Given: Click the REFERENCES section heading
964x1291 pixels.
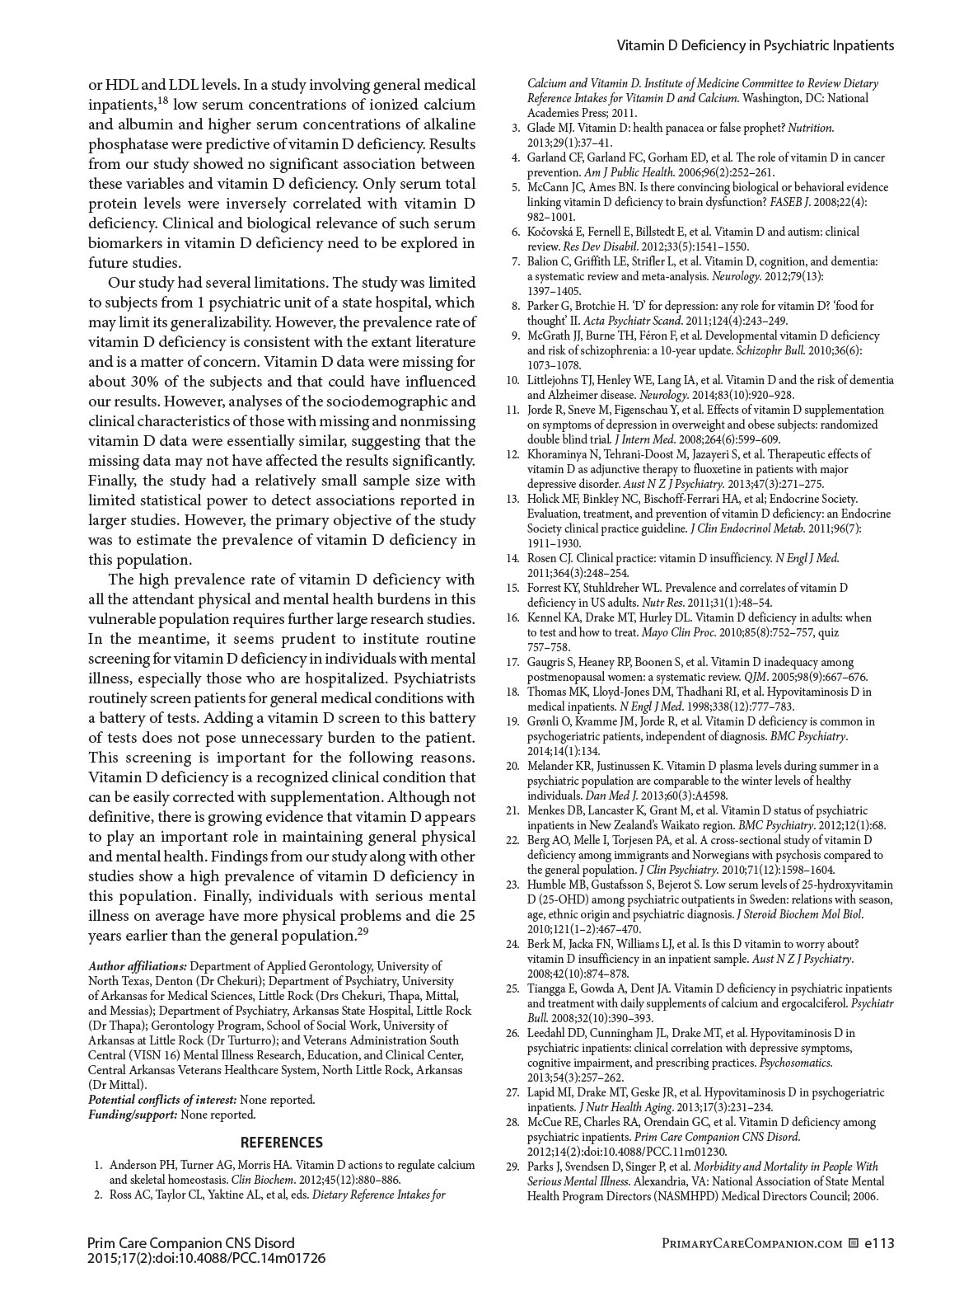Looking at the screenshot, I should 281,1143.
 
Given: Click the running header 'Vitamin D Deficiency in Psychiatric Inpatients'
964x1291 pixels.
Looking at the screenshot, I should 756,46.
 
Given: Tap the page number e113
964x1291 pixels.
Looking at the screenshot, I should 878,1243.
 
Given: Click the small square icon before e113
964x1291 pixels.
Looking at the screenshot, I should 854,1243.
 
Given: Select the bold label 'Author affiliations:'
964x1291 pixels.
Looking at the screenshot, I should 138,966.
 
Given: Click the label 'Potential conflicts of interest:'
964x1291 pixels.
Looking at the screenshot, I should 162,1100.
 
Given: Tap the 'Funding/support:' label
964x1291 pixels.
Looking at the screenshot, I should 133,1115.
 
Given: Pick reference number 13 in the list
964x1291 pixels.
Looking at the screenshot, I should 512,499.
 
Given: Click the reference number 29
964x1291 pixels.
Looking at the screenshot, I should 512,1167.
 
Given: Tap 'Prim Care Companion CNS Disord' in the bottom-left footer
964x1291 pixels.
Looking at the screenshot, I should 190,1243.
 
